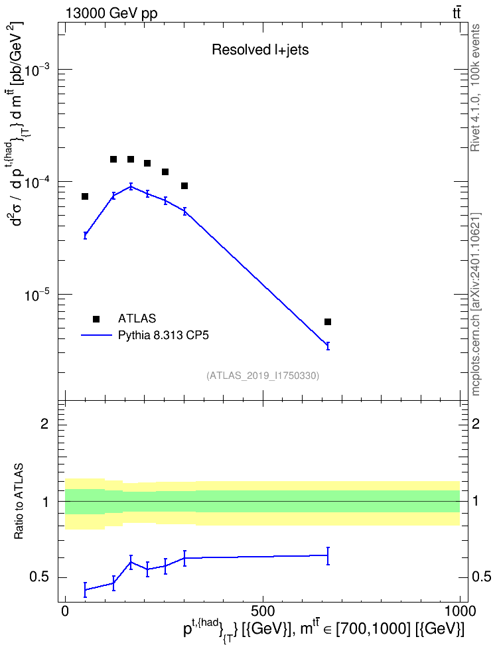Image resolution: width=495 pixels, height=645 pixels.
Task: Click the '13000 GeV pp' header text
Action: [x=111, y=13]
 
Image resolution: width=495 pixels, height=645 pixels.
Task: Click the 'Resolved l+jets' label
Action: [x=260, y=50]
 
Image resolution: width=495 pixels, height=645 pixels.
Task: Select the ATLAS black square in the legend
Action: [x=96, y=319]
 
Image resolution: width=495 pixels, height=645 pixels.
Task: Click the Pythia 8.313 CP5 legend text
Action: [x=163, y=336]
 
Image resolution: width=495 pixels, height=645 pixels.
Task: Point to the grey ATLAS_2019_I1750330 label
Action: [x=263, y=376]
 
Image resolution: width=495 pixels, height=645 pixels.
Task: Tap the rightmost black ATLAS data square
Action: [x=328, y=322]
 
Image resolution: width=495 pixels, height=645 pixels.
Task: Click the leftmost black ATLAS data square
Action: [x=85, y=196]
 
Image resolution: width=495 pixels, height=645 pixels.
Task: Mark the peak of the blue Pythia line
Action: [x=131, y=186]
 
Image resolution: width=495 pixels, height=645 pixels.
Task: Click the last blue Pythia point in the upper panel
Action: [x=328, y=346]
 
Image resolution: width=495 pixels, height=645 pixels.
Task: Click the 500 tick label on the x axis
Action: [x=263, y=611]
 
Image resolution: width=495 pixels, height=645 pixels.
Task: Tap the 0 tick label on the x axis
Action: [x=65, y=611]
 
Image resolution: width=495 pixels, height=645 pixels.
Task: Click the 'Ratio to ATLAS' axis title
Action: [x=19, y=502]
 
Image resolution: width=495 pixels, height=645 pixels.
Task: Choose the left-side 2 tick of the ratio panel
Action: [x=44, y=423]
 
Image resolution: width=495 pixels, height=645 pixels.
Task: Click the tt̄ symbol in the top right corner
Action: [x=457, y=13]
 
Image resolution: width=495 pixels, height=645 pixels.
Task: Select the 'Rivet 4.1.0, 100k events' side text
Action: [x=475, y=88]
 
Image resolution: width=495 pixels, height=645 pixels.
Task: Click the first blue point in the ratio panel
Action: [x=85, y=589]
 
